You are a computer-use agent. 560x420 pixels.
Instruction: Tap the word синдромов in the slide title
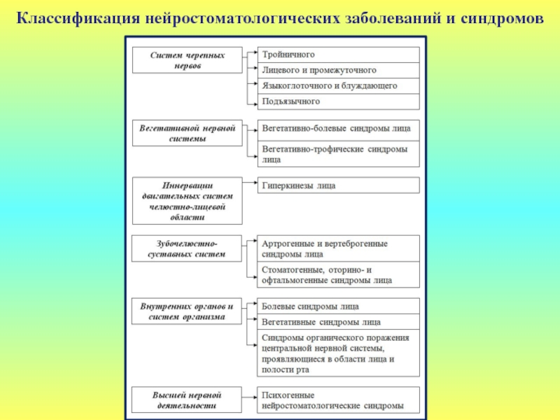pyautogui.click(x=502, y=15)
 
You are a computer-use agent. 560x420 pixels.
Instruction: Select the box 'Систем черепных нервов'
pyautogui.click(x=188, y=60)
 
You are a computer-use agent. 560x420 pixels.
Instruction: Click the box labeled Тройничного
pyautogui.click(x=339, y=55)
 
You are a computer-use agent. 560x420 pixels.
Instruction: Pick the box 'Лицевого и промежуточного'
pyautogui.click(x=339, y=70)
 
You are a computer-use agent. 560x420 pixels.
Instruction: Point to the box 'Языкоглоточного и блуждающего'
pyautogui.click(x=339, y=86)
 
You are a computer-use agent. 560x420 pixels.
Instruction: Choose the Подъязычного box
pyautogui.click(x=339, y=101)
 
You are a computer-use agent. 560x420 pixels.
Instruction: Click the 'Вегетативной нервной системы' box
pyautogui.click(x=188, y=133)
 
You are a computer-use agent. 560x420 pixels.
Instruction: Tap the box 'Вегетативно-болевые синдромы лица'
pyautogui.click(x=339, y=129)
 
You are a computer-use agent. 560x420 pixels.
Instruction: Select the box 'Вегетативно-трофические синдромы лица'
pyautogui.click(x=339, y=154)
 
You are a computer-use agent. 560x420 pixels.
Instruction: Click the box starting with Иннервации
pyautogui.click(x=188, y=201)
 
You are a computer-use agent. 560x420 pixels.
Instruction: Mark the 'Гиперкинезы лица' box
pyautogui.click(x=339, y=185)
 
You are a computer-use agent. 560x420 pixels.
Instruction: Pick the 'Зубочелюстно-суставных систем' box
pyautogui.click(x=188, y=248)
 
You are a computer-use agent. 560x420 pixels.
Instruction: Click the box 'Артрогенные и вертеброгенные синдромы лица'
pyautogui.click(x=339, y=248)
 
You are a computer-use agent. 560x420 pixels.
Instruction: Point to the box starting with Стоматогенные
pyautogui.click(x=339, y=274)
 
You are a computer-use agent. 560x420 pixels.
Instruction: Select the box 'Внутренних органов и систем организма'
pyautogui.click(x=188, y=311)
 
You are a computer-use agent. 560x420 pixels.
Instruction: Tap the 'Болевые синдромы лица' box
pyautogui.click(x=339, y=307)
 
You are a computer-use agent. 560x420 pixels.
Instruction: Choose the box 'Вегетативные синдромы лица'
pyautogui.click(x=339, y=322)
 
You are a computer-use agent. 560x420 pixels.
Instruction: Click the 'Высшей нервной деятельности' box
pyautogui.click(x=188, y=400)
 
